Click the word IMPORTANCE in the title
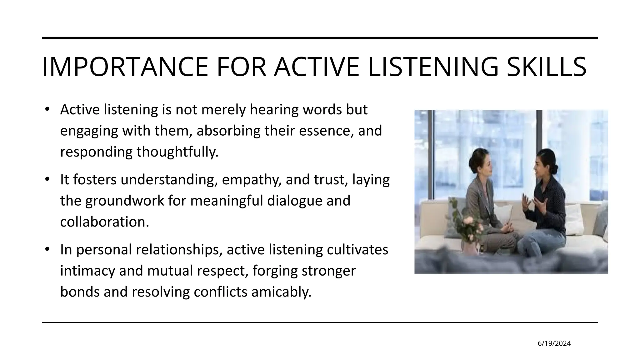(124, 67)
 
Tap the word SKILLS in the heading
(546, 67)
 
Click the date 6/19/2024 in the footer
(554, 343)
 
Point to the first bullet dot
(47, 109)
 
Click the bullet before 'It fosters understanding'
(47, 179)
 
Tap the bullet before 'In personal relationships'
(47, 249)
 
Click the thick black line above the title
(320, 38)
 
